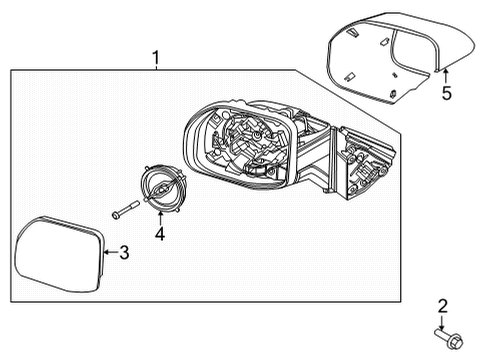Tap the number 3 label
[124, 254]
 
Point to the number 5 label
[447, 95]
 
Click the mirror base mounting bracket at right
[365, 165]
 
